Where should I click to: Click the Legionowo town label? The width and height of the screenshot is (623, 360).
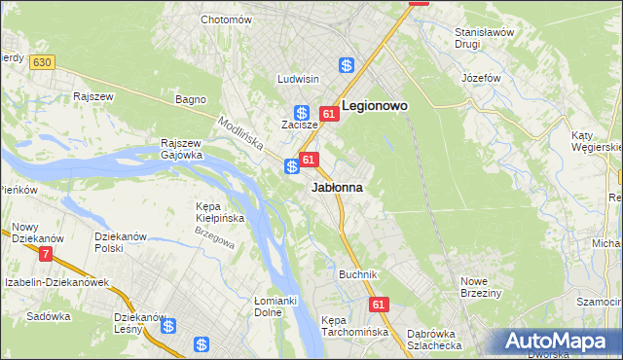tap(374, 104)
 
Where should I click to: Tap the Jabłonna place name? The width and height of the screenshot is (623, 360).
tap(337, 187)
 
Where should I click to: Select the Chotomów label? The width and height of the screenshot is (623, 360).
tap(226, 19)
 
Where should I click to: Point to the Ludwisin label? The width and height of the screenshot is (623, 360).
tap(298, 79)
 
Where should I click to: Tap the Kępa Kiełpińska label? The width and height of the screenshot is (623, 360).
tap(219, 212)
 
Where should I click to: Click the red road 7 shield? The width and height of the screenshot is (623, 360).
tap(45, 254)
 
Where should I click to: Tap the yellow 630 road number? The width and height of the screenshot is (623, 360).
tap(41, 62)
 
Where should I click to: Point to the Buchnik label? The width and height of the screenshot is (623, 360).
tap(357, 274)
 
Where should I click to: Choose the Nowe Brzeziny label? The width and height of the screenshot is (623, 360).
tap(480, 287)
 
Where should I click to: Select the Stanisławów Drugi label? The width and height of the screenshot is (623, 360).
tap(484, 38)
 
